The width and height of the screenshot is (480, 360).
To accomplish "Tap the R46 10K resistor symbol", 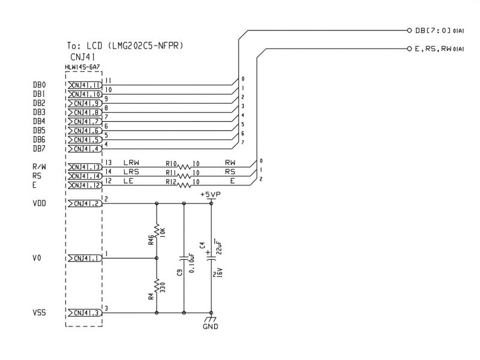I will [157, 231].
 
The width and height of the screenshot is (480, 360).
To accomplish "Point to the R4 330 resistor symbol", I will [157, 285].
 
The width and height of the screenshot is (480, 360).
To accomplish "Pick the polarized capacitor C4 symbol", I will [211, 259].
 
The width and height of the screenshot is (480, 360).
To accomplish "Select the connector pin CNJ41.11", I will [85, 85].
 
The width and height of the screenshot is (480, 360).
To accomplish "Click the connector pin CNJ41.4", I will [85, 149].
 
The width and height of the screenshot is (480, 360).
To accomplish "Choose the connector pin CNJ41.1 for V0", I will [85, 258].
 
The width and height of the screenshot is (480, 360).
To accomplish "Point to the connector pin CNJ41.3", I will [85, 313].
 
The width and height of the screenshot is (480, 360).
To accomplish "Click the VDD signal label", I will [40, 204].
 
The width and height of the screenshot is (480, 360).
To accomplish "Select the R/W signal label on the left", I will [40, 167].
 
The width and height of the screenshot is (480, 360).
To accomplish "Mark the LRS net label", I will [131, 172].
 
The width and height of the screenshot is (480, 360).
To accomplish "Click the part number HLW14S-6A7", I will [83, 67].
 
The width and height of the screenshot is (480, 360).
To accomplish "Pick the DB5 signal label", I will [39, 131].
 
